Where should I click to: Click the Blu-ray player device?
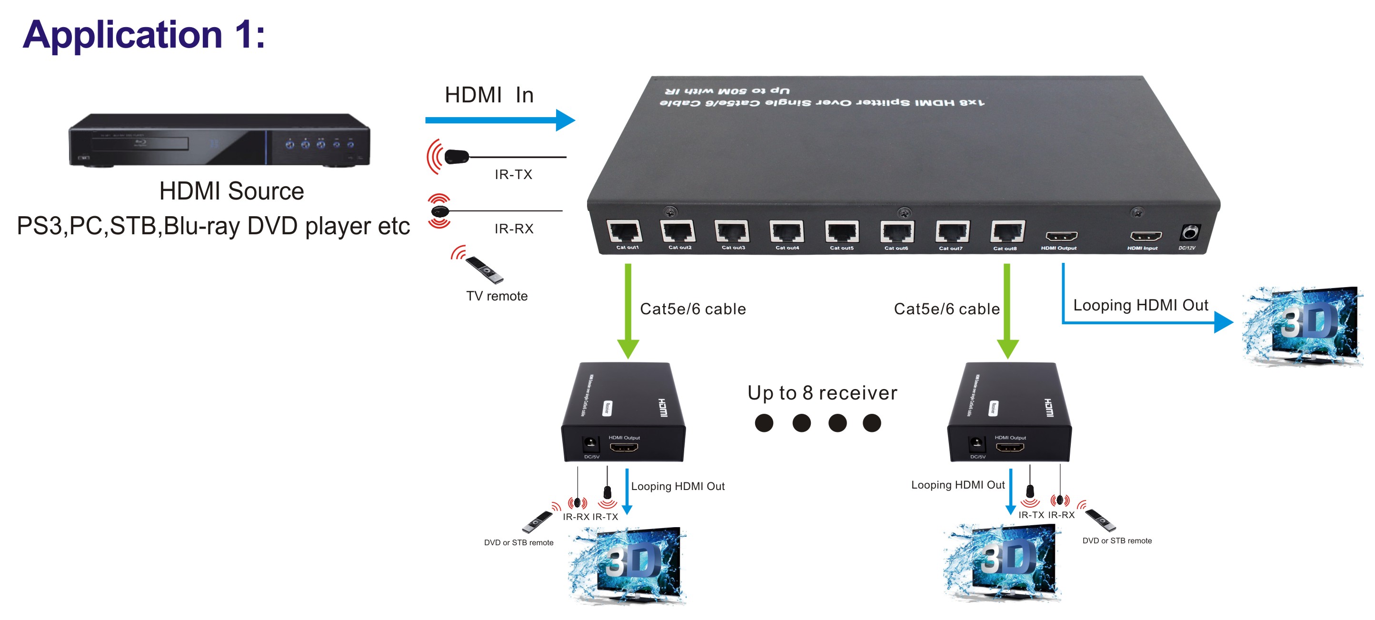pos(219,140)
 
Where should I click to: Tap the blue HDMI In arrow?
pos(499,120)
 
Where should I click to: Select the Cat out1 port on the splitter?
pos(624,232)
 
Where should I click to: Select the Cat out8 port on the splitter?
pos(1006,232)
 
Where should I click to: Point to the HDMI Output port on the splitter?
pos(1061,236)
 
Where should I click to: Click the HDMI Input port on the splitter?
pos(1146,236)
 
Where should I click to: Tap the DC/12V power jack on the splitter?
pos(1189,233)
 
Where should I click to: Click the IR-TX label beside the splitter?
pos(513,175)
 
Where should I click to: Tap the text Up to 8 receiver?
pos(822,393)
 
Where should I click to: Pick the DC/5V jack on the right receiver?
pos(976,444)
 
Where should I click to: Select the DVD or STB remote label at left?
pos(518,542)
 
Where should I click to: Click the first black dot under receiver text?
pos(764,423)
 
